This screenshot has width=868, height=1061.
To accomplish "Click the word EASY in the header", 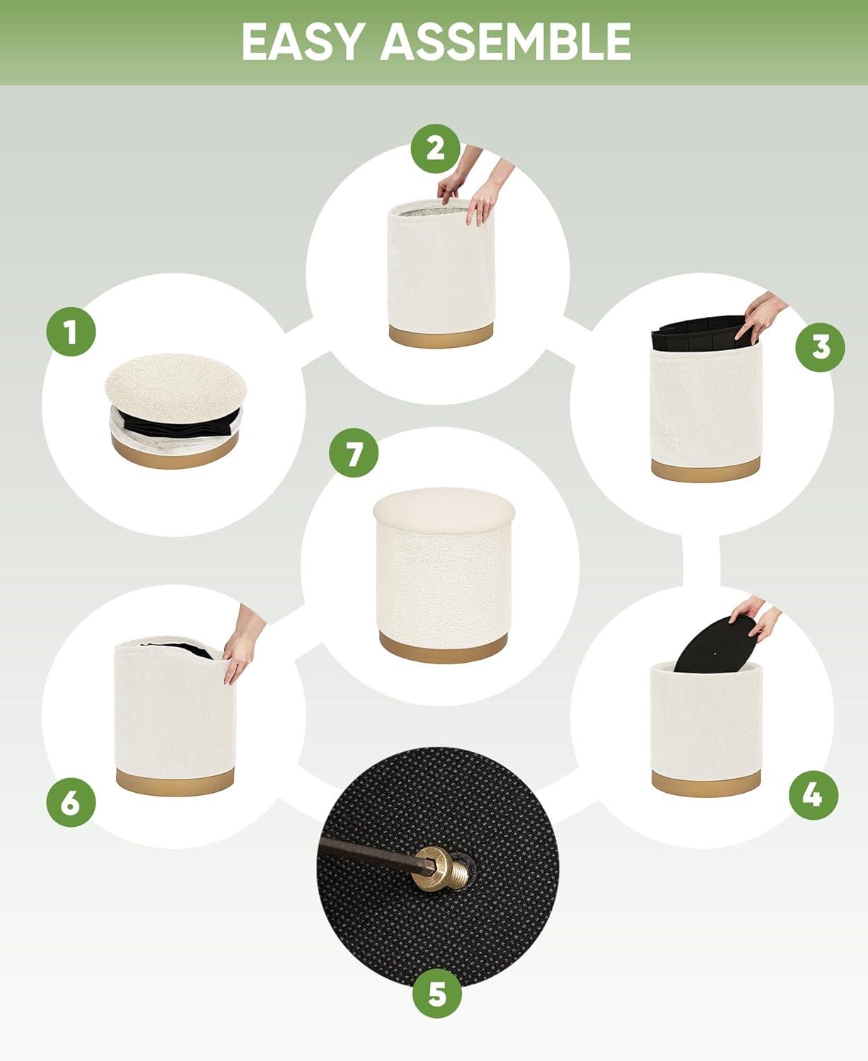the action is coord(303,42).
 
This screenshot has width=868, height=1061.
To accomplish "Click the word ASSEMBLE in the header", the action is coord(506,42).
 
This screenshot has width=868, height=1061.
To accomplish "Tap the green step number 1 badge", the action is coord(71,332).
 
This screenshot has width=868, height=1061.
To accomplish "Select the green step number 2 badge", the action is coord(436,149).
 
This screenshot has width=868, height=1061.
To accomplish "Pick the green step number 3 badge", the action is coord(820,347).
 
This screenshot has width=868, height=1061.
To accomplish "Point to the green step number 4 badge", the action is coord(813,795).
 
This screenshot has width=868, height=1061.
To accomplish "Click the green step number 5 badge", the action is coord(437,994).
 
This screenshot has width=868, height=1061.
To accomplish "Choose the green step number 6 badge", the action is coord(71,802).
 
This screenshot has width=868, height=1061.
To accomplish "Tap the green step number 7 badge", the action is coord(354,453).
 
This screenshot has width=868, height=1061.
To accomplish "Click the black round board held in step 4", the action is coord(714,644).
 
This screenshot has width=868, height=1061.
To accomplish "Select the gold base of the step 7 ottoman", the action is coord(443,649).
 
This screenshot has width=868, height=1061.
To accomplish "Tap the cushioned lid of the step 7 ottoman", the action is coord(444,509).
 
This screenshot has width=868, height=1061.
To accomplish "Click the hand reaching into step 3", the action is coord(760,316).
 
